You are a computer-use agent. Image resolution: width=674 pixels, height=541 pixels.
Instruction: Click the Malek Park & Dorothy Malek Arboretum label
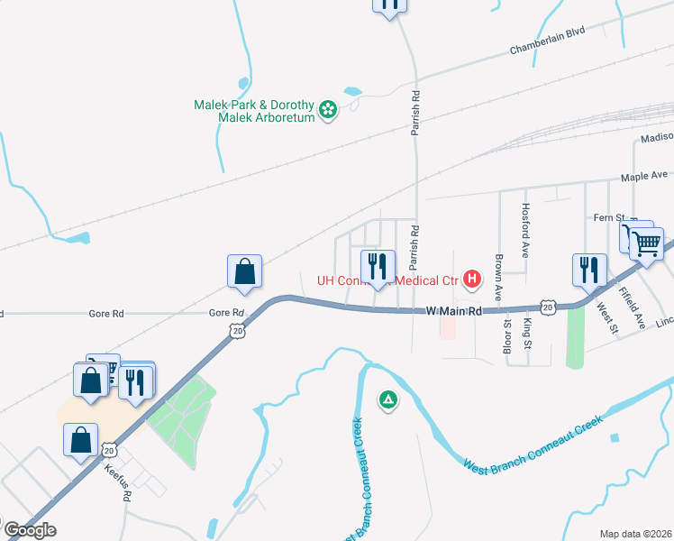click(254, 111)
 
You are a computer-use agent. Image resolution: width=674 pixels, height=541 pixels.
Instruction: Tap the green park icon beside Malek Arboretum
click(329, 111)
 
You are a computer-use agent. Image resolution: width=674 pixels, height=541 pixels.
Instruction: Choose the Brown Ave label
click(497, 278)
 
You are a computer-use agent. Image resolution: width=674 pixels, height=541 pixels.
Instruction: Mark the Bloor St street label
click(507, 339)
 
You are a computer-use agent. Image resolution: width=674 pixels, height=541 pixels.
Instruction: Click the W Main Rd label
click(454, 311)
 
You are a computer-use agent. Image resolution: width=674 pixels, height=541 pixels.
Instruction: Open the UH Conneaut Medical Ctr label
click(387, 280)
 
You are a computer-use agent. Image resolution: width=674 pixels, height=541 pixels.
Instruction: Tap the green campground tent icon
click(387, 399)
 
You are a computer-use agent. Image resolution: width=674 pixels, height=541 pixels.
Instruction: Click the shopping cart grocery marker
click(647, 242)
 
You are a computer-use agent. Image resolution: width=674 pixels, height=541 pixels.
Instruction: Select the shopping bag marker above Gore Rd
click(245, 271)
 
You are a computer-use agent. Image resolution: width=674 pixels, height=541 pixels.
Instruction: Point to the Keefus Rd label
click(118, 486)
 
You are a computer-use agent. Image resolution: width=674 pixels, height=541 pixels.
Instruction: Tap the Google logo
click(29, 529)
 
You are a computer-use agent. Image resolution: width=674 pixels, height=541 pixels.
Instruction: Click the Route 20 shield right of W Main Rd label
click(548, 306)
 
